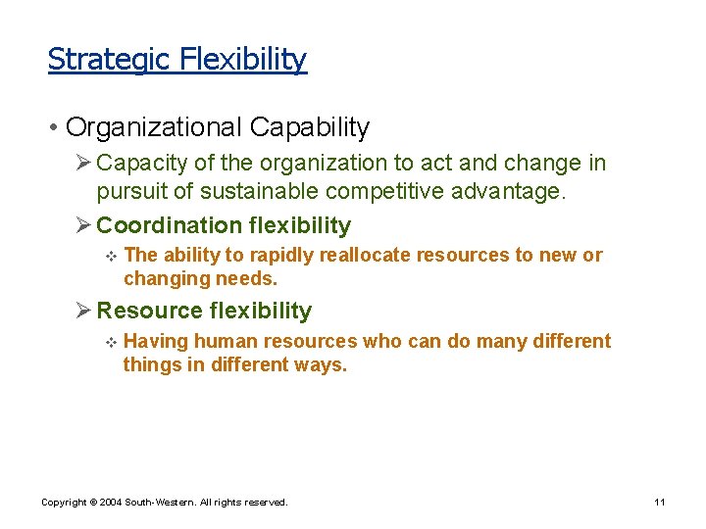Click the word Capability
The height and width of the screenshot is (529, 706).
[x=310, y=127]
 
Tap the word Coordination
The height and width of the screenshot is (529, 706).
[x=169, y=225]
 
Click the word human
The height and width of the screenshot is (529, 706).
[x=225, y=341]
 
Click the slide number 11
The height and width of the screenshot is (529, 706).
[x=660, y=502]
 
